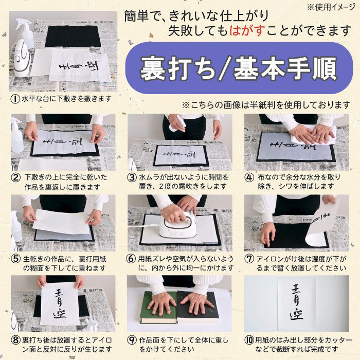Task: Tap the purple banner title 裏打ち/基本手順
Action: pyautogui.click(x=239, y=68)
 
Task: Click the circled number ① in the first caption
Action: pyautogui.click(x=15, y=99)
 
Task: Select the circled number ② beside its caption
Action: pyautogui.click(x=15, y=177)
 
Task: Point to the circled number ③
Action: pyautogui.click(x=132, y=177)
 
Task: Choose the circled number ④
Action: pyautogui.click(x=249, y=177)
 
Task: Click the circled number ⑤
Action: pyautogui.click(x=15, y=259)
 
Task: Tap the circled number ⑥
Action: pyautogui.click(x=131, y=259)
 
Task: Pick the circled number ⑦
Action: pyautogui.click(x=249, y=259)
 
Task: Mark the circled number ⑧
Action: pyautogui.click(x=15, y=340)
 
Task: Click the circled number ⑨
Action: pyautogui.click(x=132, y=340)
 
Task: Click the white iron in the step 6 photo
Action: pyautogui.click(x=178, y=226)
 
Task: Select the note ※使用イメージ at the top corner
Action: pyautogui.click(x=331, y=7)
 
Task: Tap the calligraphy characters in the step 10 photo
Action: pyautogui.click(x=297, y=302)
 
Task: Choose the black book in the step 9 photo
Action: pyautogui.click(x=198, y=307)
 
